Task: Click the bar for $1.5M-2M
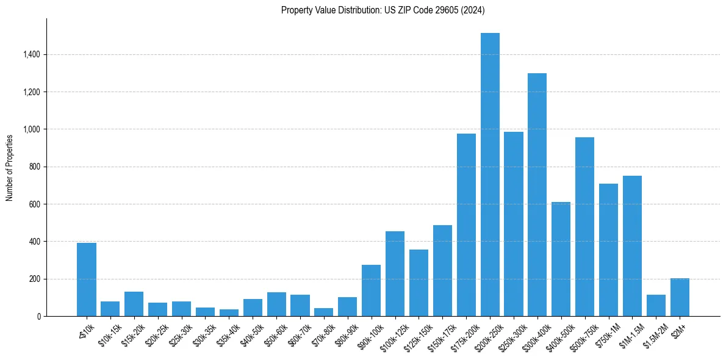click(x=656, y=306)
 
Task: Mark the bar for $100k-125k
click(x=395, y=274)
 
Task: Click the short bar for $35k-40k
click(x=229, y=313)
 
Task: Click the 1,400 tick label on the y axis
click(x=31, y=55)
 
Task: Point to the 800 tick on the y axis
click(x=34, y=167)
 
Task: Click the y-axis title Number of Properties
click(x=9, y=167)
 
